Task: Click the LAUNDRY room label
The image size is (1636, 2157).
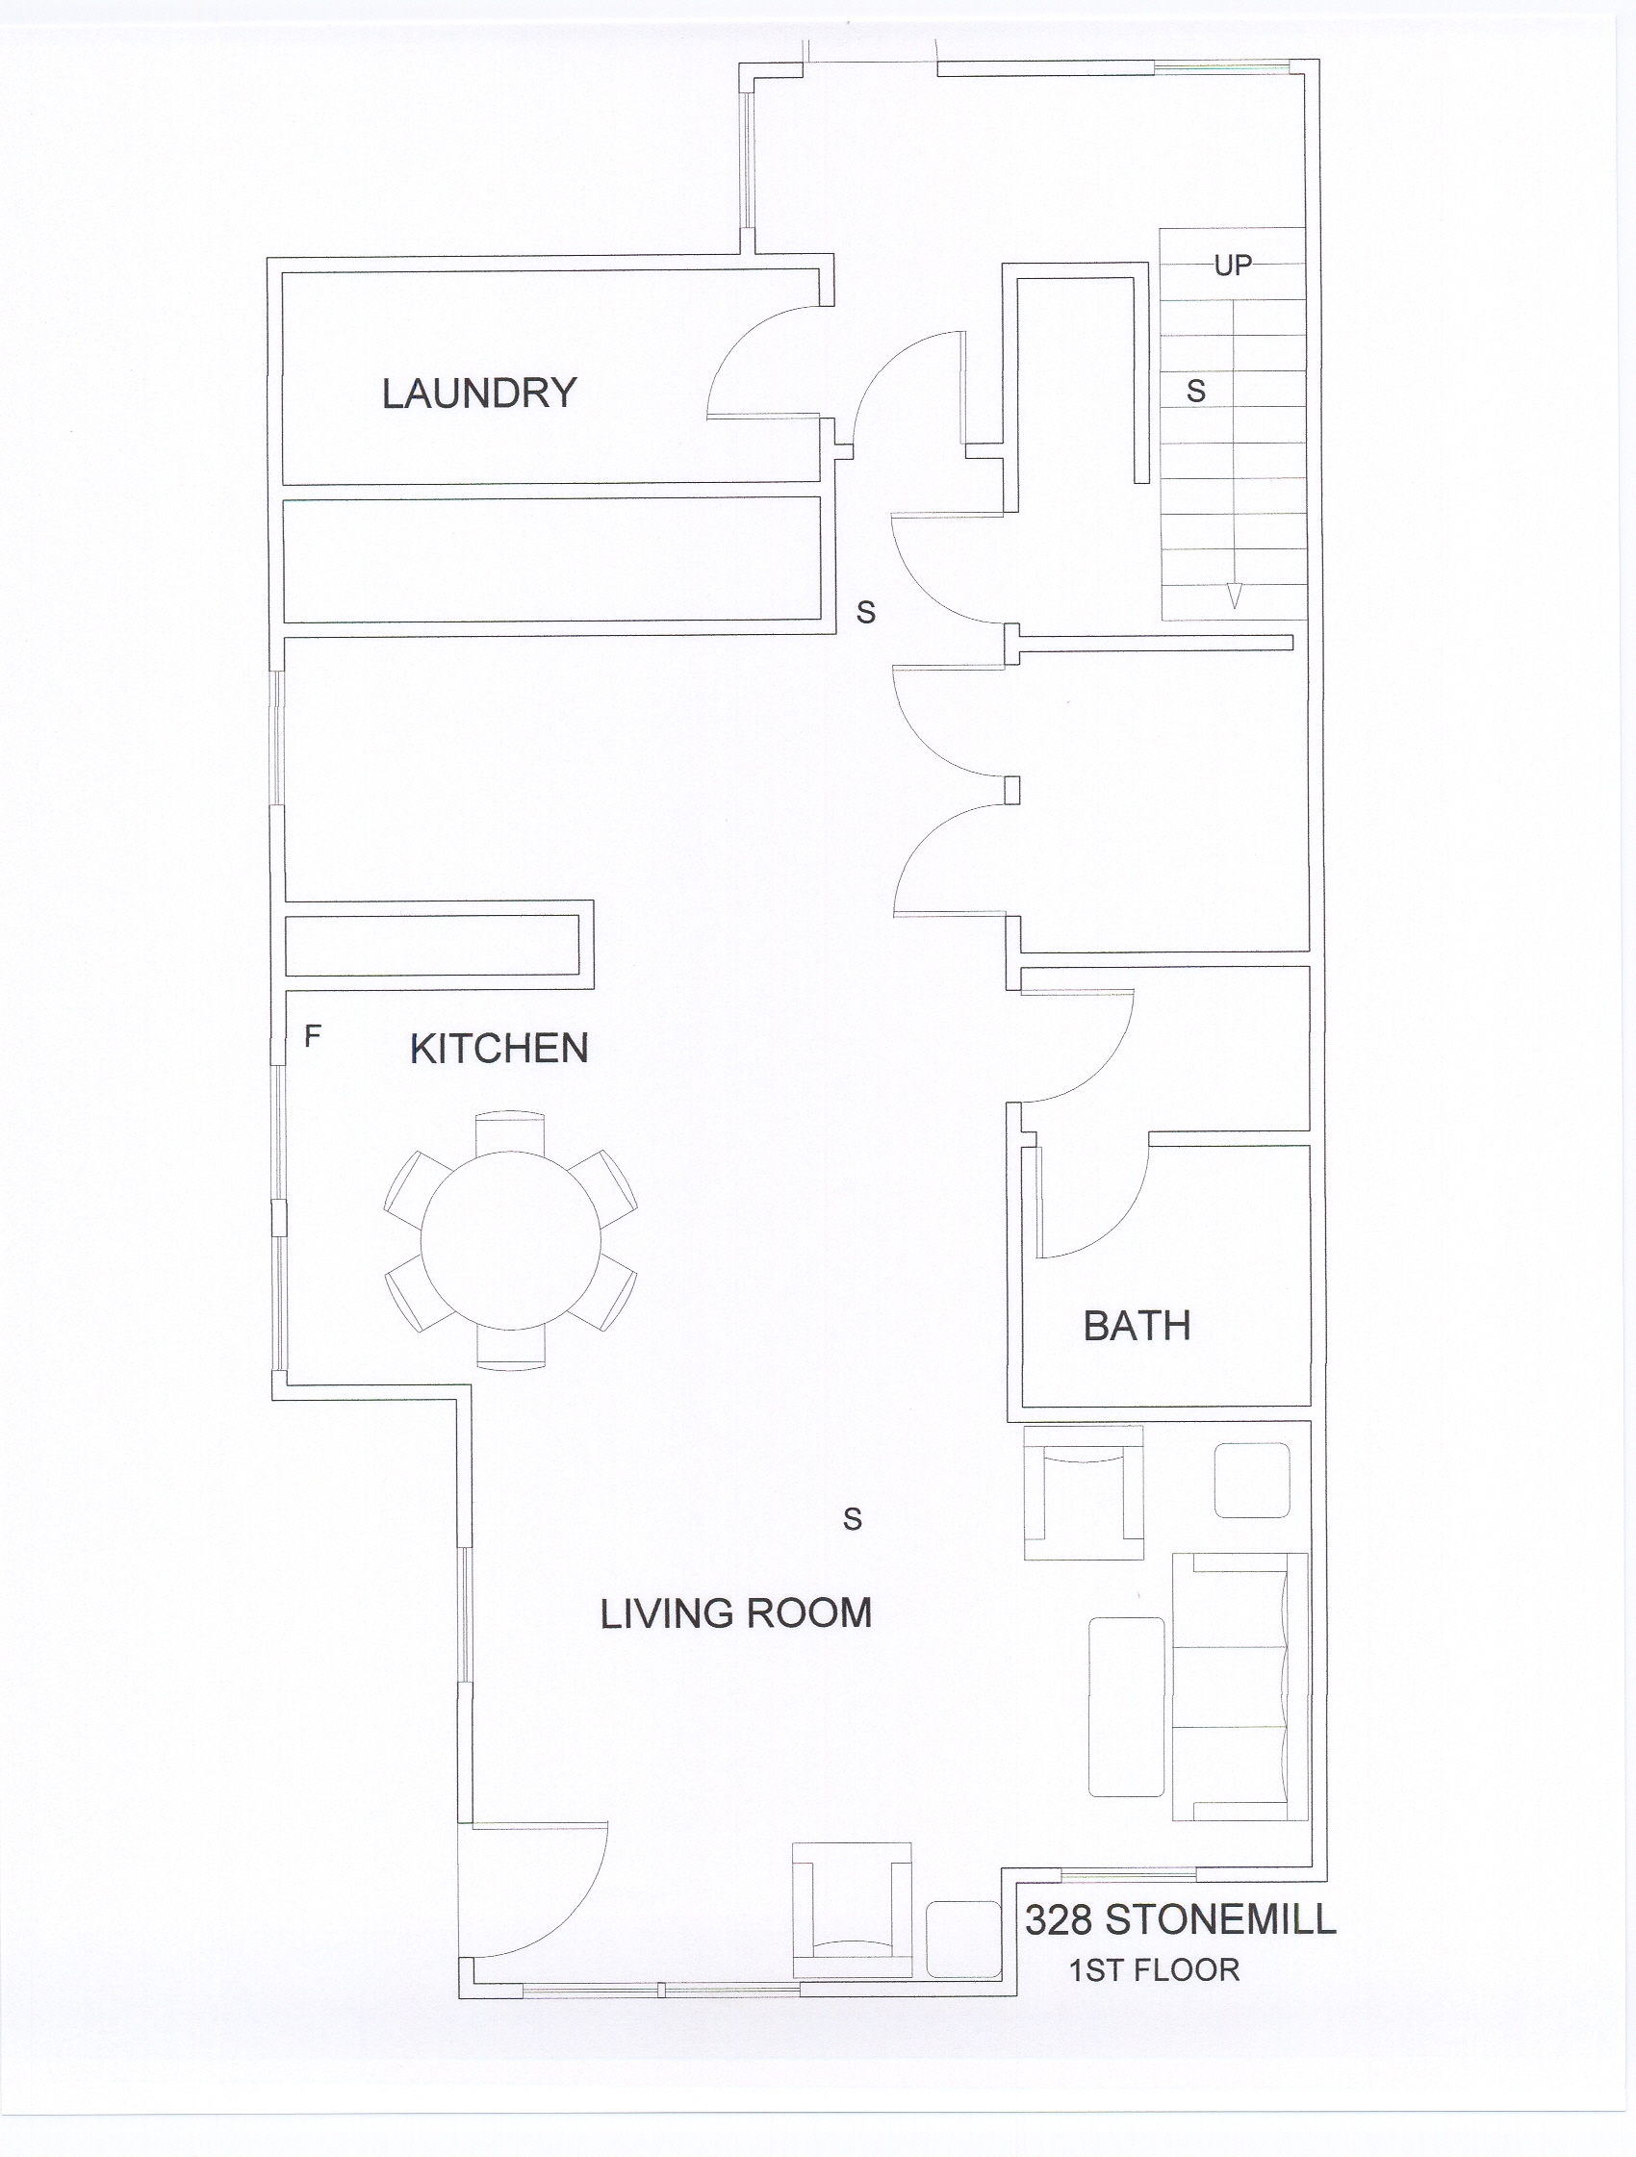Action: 479,393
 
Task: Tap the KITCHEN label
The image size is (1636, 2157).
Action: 498,1050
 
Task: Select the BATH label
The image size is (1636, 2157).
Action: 1137,1326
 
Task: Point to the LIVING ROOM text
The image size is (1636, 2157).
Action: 735,1613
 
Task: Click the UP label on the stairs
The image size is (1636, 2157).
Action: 1233,266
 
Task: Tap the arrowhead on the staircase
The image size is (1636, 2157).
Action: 1234,595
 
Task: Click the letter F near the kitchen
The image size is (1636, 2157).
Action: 312,1035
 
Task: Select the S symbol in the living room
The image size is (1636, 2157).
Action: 853,1518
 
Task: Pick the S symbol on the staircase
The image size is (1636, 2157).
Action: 1196,391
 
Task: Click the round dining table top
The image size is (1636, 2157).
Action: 511,1239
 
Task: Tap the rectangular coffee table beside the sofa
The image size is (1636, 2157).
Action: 1126,1708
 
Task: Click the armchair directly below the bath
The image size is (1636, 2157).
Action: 1083,1492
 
